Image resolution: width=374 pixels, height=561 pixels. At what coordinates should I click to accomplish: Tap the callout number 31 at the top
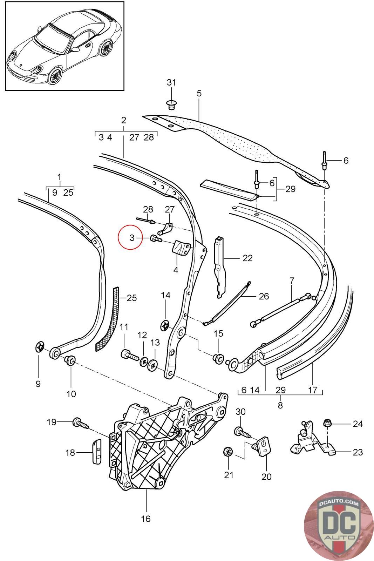coord(171,83)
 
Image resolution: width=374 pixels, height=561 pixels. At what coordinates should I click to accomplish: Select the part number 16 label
coord(146,519)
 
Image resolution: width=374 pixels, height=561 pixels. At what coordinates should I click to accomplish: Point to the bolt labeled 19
coord(79,424)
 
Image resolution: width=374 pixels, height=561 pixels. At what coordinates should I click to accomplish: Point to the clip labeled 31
coord(171,104)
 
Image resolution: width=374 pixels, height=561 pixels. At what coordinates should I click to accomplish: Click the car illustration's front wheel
coord(55,75)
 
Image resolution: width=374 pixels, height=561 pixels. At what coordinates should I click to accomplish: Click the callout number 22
coord(247,258)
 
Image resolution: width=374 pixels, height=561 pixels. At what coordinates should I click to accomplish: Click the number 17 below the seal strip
coord(312,390)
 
